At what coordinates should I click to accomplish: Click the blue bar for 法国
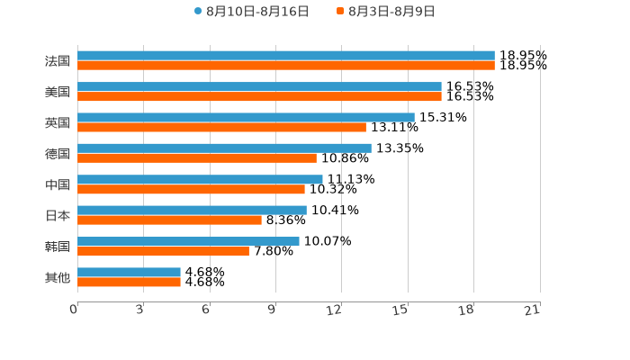[286, 56]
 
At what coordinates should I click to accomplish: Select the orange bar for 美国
[259, 96]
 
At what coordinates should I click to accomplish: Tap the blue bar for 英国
[246, 117]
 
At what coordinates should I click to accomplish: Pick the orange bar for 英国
[221, 127]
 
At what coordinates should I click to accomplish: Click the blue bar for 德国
[224, 148]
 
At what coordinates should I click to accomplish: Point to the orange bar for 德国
[197, 157]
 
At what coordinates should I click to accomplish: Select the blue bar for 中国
[200, 179]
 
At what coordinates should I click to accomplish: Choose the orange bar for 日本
[169, 220]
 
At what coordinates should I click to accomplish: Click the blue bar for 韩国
[188, 241]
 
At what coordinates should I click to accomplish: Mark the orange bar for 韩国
[163, 251]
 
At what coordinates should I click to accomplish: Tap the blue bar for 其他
[129, 272]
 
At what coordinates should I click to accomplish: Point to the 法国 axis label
[58, 61]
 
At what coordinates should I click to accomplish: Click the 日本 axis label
[58, 216]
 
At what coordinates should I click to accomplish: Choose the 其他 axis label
[58, 278]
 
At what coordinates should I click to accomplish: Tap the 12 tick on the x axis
[335, 310]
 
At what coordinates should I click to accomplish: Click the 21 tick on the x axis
[533, 310]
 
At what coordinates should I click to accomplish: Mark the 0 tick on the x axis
[74, 310]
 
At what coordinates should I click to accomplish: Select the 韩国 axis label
[58, 247]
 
